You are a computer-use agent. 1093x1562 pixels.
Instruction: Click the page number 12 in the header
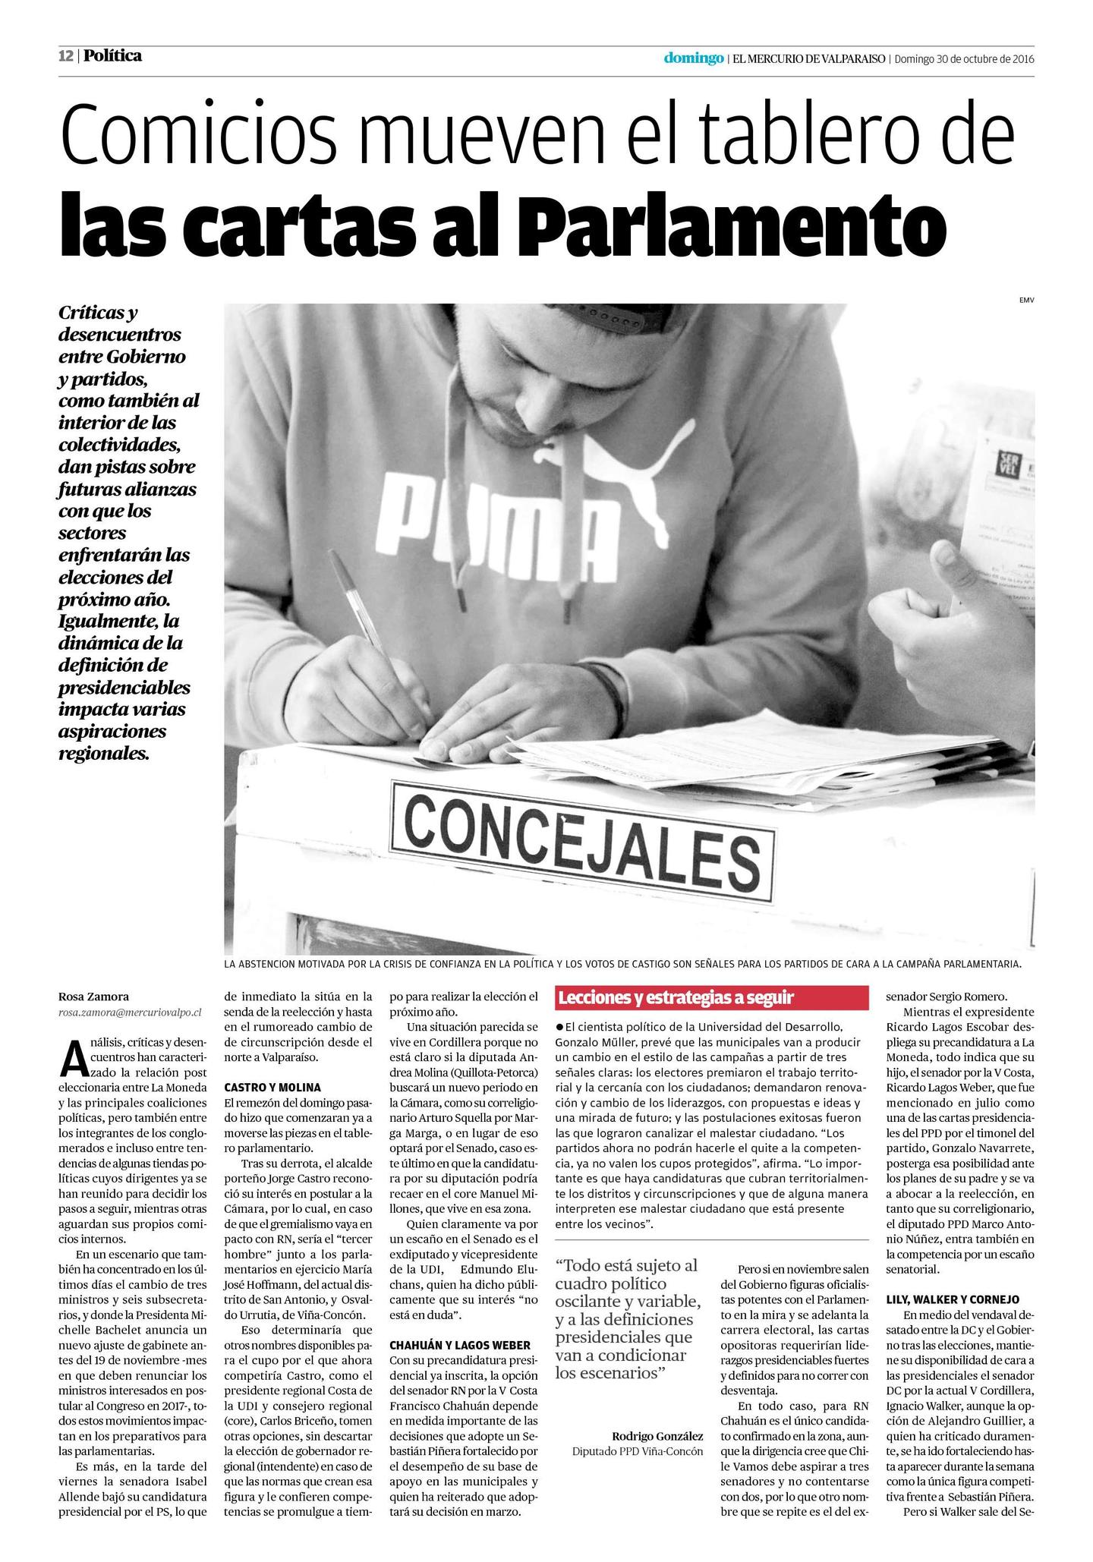pos(67,56)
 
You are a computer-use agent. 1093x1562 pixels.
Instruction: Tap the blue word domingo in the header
pos(693,58)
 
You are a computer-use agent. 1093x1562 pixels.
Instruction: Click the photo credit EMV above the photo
pos(1026,301)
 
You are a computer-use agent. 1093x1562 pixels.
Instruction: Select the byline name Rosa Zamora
pos(93,997)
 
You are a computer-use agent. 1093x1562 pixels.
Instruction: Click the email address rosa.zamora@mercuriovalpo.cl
pos(130,1012)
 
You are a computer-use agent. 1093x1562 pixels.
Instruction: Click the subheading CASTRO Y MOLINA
pos(272,1087)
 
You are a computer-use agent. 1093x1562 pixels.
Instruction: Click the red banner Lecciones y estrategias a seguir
pos(712,997)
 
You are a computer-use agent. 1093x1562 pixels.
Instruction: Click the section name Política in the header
pos(112,56)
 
